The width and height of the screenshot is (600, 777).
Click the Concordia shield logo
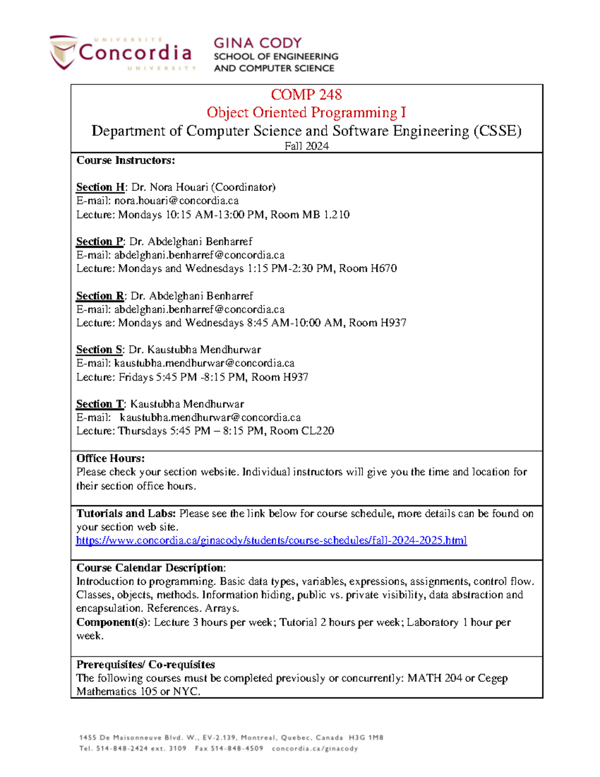(63, 52)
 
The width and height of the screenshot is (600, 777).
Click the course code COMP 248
(306, 95)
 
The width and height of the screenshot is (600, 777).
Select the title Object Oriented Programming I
(306, 113)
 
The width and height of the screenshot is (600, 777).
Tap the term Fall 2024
(306, 146)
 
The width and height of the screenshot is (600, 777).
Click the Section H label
(100, 187)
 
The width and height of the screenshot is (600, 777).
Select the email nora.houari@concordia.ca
(176, 201)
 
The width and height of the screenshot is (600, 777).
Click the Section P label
(99, 242)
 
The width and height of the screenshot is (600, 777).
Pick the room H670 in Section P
(383, 269)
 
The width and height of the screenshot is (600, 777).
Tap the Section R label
(100, 296)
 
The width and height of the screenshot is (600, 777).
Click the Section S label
(99, 350)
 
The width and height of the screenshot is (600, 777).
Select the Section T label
(99, 404)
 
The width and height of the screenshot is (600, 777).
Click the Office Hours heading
(110, 458)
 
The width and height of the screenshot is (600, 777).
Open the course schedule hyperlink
(271, 540)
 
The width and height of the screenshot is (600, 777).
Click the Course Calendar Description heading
(150, 568)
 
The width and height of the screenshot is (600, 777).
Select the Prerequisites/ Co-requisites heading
(145, 664)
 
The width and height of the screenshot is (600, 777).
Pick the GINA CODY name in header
(257, 43)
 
